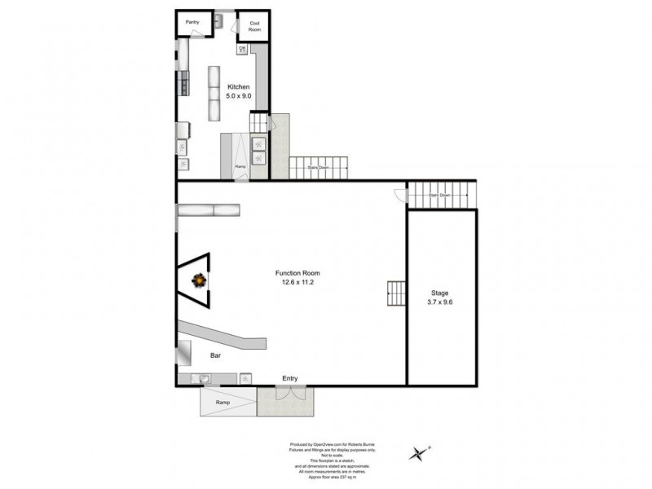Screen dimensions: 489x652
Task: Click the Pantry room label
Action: [x=192, y=22]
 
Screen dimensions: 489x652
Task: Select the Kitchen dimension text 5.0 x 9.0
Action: [x=239, y=96]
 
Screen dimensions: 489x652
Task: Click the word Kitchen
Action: [x=239, y=87]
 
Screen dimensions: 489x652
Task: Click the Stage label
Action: [x=440, y=293]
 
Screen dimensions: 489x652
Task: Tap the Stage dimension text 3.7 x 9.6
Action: [x=440, y=302]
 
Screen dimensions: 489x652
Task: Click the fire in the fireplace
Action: [x=198, y=281]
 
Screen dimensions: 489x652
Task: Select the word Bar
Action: [x=216, y=356]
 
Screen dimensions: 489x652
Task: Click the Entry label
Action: [x=289, y=378]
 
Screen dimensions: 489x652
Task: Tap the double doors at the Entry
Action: [x=289, y=394]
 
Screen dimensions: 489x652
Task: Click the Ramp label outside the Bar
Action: [x=222, y=403]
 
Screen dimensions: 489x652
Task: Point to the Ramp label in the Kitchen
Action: [x=240, y=166]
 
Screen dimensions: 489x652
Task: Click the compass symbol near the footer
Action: [x=420, y=452]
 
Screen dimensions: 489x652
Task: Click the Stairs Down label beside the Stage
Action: [x=440, y=196]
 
